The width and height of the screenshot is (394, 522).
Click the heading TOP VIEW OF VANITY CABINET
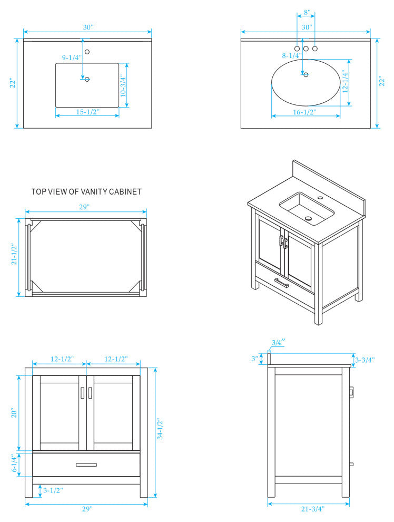[86, 192]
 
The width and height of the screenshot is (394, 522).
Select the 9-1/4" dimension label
[72, 57]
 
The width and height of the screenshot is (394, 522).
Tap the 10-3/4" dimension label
[122, 85]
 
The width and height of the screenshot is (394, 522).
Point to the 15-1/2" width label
[87, 112]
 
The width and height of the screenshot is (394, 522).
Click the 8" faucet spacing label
[307, 12]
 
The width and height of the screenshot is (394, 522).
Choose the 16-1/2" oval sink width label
[304, 112]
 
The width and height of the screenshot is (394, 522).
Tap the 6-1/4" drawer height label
[15, 464]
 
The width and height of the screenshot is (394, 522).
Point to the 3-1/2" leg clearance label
[53, 490]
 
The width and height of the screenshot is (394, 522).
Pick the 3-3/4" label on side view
[365, 360]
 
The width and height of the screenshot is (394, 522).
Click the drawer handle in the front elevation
[86, 465]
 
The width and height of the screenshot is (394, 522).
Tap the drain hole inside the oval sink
[306, 75]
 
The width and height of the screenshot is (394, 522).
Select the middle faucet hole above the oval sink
[306, 49]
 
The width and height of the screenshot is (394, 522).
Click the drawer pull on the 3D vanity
[281, 283]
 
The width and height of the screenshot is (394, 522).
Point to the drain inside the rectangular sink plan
[87, 79]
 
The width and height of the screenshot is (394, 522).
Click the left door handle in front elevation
[82, 393]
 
